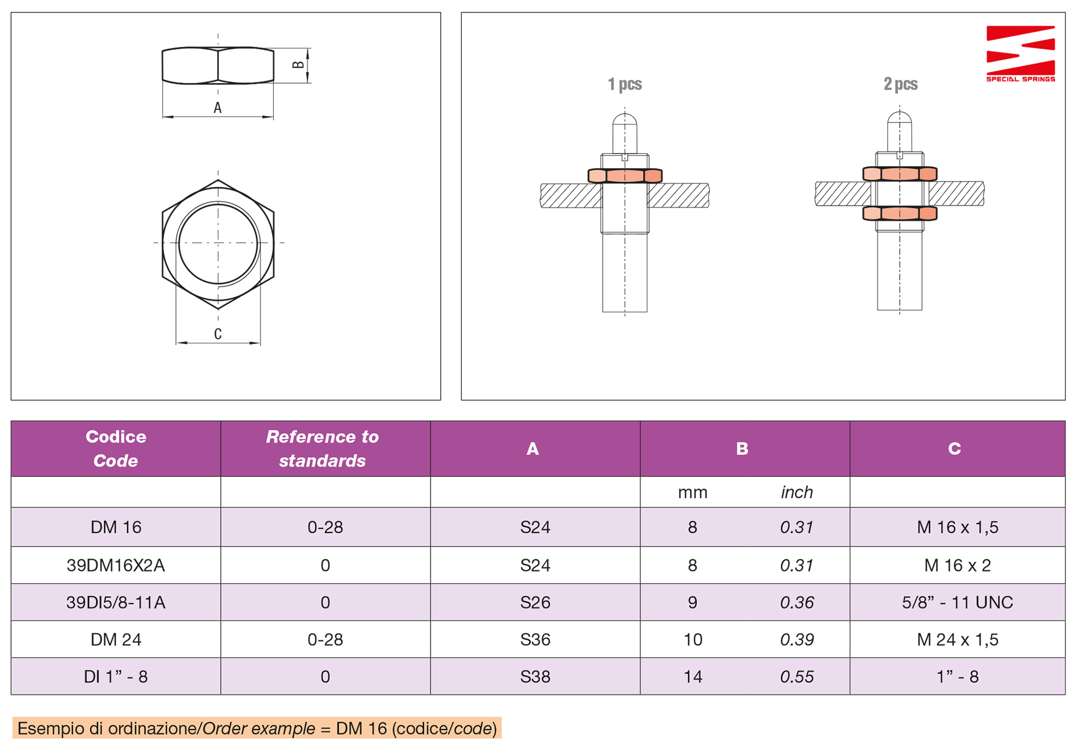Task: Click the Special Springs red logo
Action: pos(1020,53)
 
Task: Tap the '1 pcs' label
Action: pos(625,84)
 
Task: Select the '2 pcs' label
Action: pos(900,84)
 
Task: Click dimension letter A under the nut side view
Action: pos(218,108)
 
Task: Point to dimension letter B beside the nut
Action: pos(298,65)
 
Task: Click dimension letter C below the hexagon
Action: pos(218,334)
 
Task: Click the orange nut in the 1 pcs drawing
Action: pos(625,176)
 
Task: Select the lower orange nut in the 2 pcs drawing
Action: pos(900,213)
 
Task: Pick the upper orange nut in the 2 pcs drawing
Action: pos(900,174)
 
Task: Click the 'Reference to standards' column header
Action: pos(322,448)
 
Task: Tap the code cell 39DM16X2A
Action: pos(116,565)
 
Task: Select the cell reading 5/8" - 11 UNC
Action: pos(957,602)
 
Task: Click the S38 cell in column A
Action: pos(535,677)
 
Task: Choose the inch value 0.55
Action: pos(797,677)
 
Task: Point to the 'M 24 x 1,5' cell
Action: pos(957,640)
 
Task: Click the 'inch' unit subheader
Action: pos(797,492)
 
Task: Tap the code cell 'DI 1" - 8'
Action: pos(116,677)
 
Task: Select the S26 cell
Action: pos(535,602)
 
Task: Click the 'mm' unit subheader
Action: pos(693,493)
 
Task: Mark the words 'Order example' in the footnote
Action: pos(259,728)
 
